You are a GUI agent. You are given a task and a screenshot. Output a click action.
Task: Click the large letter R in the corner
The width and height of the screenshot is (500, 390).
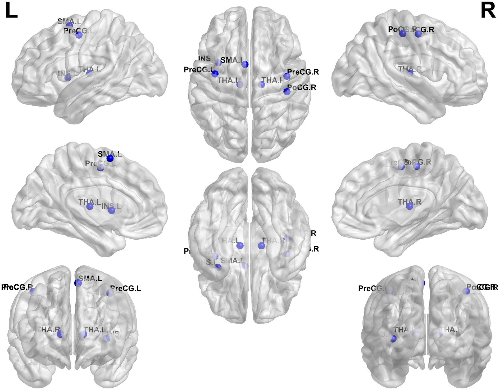coord(488,11)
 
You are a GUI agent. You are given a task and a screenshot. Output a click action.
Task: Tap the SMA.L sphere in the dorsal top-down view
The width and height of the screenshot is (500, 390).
coord(245,64)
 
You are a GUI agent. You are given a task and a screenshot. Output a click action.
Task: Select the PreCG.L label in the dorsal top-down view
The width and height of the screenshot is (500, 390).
coord(198,70)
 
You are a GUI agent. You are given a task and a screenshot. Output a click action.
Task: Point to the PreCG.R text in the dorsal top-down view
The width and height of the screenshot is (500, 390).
coord(303,72)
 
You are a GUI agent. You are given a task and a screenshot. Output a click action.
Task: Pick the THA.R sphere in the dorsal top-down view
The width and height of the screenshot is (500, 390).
coord(261,84)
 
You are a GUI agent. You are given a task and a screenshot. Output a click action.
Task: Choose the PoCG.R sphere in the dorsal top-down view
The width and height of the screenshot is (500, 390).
coord(287,92)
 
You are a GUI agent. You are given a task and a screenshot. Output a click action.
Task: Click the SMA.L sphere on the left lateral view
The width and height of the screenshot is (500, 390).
coord(70,25)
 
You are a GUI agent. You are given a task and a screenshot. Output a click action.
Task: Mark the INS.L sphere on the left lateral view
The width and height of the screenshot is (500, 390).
coord(68,77)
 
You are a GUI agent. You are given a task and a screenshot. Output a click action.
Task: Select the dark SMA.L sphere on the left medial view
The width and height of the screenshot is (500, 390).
coord(110,158)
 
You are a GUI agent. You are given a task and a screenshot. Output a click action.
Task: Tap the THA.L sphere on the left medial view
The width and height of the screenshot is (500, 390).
coord(90,206)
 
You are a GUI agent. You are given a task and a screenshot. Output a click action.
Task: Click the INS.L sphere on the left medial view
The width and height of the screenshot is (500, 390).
coord(112,210)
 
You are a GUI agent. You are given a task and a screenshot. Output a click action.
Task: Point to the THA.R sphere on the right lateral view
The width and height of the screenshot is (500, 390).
coord(410,73)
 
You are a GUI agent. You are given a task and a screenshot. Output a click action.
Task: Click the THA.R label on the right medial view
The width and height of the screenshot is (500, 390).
coord(410,202)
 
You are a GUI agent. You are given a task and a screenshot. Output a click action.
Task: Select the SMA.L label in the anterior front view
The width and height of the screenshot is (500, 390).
coord(90,278)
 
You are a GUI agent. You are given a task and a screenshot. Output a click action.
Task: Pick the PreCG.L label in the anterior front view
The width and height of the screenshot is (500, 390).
coord(126,288)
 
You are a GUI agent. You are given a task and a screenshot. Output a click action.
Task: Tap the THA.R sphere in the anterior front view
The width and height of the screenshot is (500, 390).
coord(60,334)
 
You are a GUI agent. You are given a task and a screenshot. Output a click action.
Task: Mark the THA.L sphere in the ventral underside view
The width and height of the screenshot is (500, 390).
coord(240,245)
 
